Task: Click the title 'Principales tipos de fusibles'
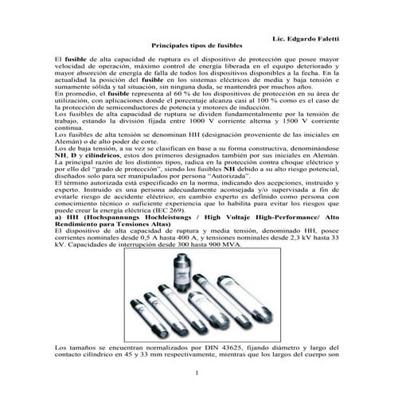point(197,48)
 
